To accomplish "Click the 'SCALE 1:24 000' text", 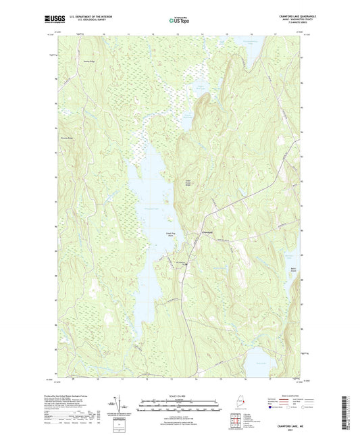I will [180, 395].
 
